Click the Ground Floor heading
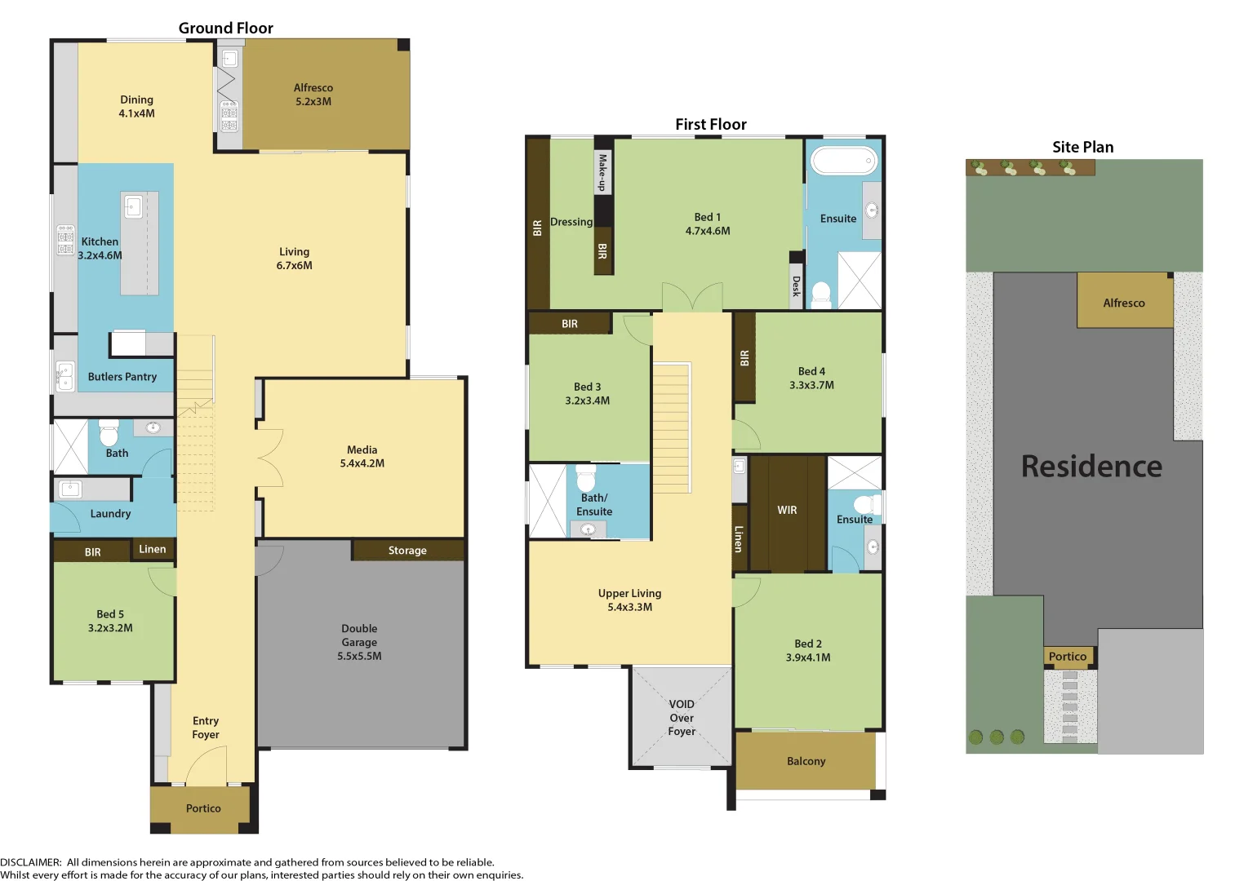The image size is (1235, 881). tap(225, 28)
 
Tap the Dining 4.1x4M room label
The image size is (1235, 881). tap(136, 106)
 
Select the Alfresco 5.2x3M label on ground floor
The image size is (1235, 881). tap(313, 95)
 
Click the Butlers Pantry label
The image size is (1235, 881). tap(122, 377)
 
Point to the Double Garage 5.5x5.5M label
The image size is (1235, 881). tap(359, 642)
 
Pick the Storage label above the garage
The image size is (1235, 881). tap(407, 551)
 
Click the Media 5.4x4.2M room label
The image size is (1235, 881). tap(362, 456)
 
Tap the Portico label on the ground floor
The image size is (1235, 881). tap(203, 808)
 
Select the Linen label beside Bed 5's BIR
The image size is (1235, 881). tap(153, 549)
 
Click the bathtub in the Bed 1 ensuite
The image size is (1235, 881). tap(843, 161)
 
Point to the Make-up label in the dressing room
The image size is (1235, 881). tap(602, 173)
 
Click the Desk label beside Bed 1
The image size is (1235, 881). tap(797, 286)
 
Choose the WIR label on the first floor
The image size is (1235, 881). tap(787, 510)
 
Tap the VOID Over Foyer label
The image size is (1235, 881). tap(682, 718)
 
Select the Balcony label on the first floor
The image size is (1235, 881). tap(806, 761)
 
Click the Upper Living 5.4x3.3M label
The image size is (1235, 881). tap(629, 600)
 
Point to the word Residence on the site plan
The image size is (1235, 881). tap(1091, 466)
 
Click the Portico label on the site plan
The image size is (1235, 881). tap(1067, 657)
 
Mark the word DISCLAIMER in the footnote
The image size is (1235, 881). tap(30, 862)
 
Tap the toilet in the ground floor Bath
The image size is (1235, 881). tap(109, 433)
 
